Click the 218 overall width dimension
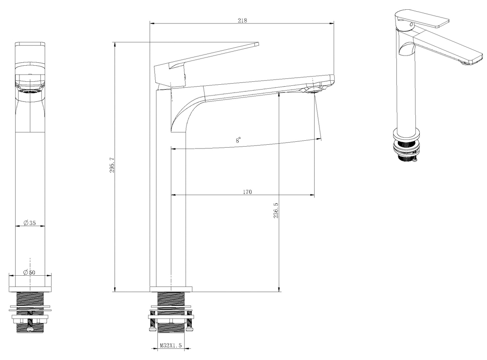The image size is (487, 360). (x=242, y=20)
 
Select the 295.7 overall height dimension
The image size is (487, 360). (x=112, y=166)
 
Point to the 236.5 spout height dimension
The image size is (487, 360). (x=276, y=210)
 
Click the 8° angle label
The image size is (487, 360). (x=238, y=140)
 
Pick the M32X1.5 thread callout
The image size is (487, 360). (x=170, y=346)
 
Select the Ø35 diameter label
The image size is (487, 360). (x=30, y=223)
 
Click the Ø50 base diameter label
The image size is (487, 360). (x=30, y=272)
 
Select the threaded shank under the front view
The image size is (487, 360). (x=30, y=300)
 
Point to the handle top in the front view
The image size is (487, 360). (x=30, y=44)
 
